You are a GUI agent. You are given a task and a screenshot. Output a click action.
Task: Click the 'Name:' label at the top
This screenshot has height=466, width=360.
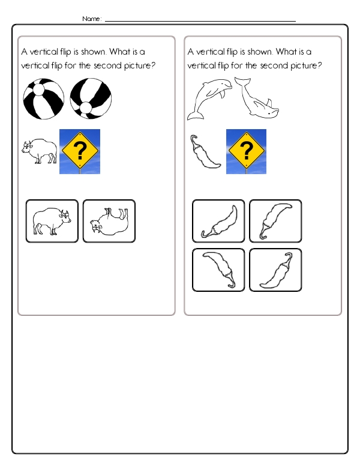[92, 19]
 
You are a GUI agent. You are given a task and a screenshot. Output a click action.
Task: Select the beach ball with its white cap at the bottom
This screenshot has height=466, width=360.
[91, 99]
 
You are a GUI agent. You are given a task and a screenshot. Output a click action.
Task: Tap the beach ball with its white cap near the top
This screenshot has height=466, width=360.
[43, 99]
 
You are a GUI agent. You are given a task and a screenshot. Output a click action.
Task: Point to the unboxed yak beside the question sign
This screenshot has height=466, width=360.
[40, 152]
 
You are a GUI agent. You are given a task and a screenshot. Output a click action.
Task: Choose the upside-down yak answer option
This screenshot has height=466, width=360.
[109, 221]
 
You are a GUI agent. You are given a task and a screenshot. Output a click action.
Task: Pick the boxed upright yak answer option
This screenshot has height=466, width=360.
[52, 221]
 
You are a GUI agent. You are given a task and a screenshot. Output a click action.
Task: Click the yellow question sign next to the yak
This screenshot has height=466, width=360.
[80, 151]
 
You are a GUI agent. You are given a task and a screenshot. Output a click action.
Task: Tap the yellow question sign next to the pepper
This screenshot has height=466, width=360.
[246, 151]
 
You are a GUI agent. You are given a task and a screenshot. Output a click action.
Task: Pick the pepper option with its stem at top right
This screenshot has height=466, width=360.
[275, 270]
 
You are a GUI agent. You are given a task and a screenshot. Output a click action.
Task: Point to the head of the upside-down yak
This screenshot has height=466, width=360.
[96, 228]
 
